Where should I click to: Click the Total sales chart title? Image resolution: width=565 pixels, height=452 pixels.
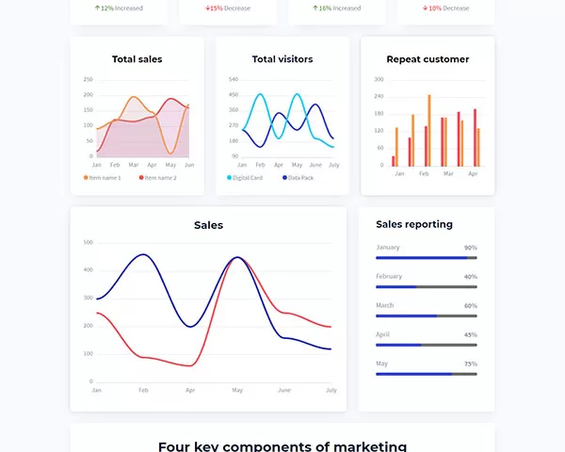137,59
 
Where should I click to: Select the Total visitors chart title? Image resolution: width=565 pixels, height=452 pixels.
282,59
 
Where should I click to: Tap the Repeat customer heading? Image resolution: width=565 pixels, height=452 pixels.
428,59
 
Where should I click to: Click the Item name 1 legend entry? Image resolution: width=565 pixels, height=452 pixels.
103,177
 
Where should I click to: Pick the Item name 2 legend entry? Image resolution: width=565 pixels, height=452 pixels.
157,177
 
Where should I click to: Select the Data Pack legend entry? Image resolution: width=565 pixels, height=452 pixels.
298,177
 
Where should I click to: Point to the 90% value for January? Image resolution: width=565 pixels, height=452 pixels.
470,248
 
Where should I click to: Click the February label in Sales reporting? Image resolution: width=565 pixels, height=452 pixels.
389,276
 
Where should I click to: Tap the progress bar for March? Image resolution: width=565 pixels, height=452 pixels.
426,315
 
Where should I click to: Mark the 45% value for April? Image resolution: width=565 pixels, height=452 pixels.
470,334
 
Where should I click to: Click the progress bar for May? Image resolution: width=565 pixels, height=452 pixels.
426,374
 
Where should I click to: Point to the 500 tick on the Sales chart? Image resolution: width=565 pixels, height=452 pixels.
88,242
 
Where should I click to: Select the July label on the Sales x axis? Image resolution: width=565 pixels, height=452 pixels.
331,390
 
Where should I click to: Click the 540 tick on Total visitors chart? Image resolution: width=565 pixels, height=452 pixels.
234,79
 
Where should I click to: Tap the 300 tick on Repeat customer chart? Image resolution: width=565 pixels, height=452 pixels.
379,79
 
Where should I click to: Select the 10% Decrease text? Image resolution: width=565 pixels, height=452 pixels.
447,8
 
